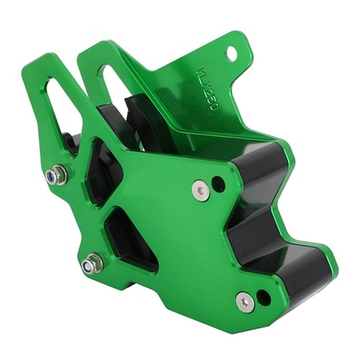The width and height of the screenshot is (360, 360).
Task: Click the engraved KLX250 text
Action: [207, 89]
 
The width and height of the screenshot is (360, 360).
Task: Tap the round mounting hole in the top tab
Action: [232, 52]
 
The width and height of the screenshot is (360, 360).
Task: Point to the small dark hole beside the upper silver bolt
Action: [219, 183]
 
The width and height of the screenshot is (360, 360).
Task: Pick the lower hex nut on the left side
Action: [92, 264]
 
